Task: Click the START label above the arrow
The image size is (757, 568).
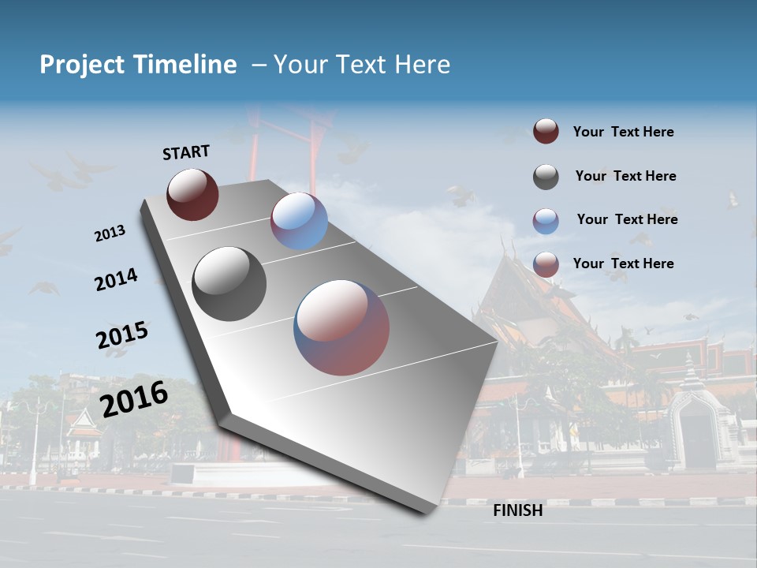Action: pos(186,152)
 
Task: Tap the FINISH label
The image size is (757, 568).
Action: pos(517,510)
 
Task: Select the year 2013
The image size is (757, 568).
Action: pos(110,234)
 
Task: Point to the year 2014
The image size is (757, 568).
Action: pos(116,280)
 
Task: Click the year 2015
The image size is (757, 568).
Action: pos(121,335)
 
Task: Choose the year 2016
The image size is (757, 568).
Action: pos(134,398)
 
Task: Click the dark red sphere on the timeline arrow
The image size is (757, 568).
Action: pos(192,194)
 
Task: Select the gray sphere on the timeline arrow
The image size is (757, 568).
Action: pos(229,283)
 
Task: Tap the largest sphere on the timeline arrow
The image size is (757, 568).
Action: pos(341,327)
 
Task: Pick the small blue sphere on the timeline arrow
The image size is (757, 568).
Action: pos(299,221)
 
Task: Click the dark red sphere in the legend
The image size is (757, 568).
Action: pos(546,132)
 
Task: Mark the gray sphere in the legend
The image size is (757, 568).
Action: pos(546,177)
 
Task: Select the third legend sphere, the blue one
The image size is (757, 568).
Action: pos(546,221)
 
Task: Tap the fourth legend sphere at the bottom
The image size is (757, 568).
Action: pos(546,264)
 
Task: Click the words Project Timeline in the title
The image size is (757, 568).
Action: pos(138,65)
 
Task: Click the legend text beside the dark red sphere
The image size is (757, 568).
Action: pos(623,133)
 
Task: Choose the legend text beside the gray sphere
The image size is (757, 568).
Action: pos(625,177)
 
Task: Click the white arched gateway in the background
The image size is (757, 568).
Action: pos(698,426)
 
